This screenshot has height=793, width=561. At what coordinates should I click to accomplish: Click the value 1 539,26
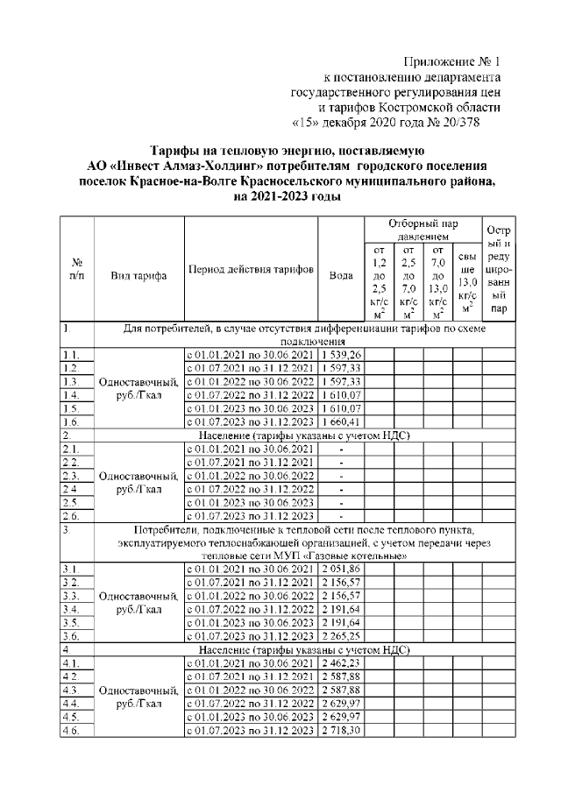click(341, 353)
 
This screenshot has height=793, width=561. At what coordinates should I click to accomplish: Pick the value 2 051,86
click(341, 570)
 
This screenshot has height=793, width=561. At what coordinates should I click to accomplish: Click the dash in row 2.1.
click(341, 450)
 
